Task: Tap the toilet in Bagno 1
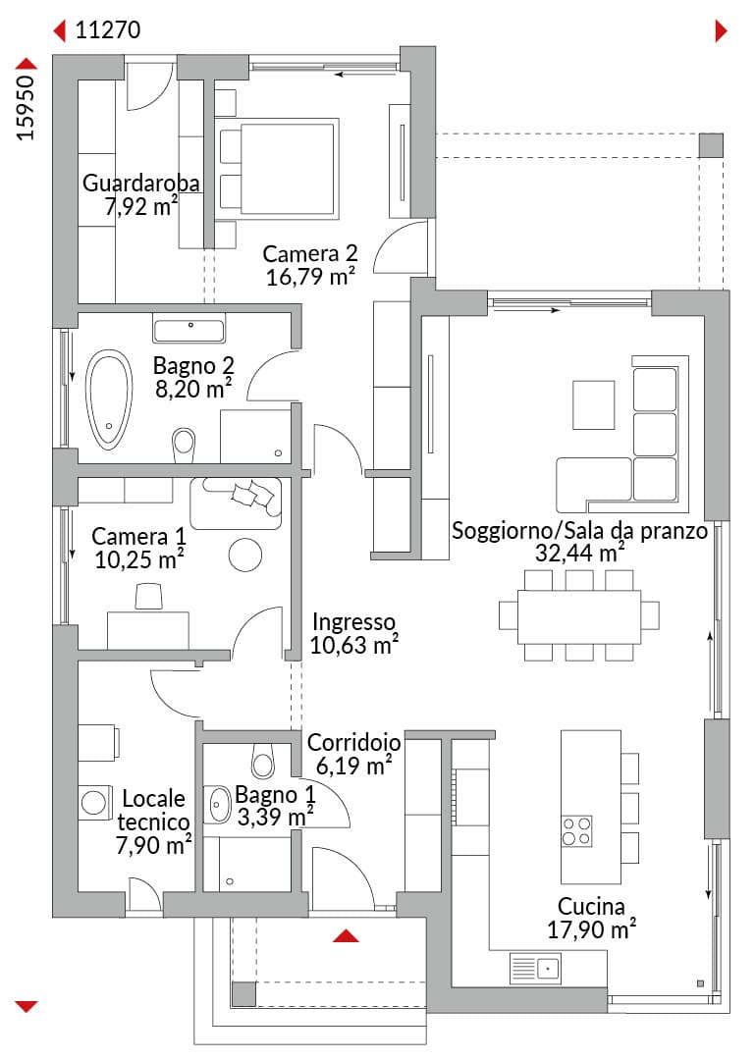(263, 761)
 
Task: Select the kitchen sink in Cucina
(535, 968)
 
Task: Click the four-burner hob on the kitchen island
(577, 831)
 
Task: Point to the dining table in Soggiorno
(579, 616)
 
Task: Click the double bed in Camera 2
(277, 169)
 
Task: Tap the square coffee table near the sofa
(593, 405)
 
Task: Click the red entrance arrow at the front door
(346, 935)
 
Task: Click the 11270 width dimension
(108, 29)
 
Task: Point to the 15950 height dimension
(25, 108)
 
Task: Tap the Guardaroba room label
(140, 183)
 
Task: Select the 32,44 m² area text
(580, 553)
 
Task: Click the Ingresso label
(353, 621)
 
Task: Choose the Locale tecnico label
(153, 810)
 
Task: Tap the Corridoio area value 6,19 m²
(353, 766)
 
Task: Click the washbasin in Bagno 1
(218, 805)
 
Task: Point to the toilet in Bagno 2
(184, 445)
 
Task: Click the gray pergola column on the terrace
(711, 145)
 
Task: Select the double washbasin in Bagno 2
(189, 330)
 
